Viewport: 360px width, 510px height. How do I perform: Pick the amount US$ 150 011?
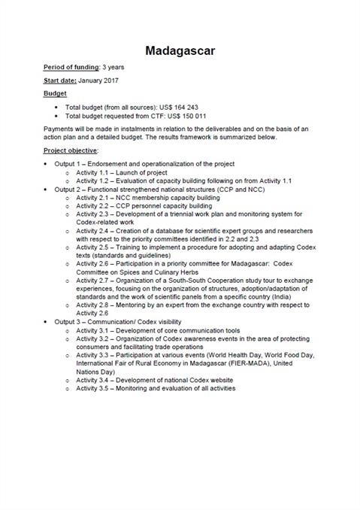[x=193, y=117]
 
